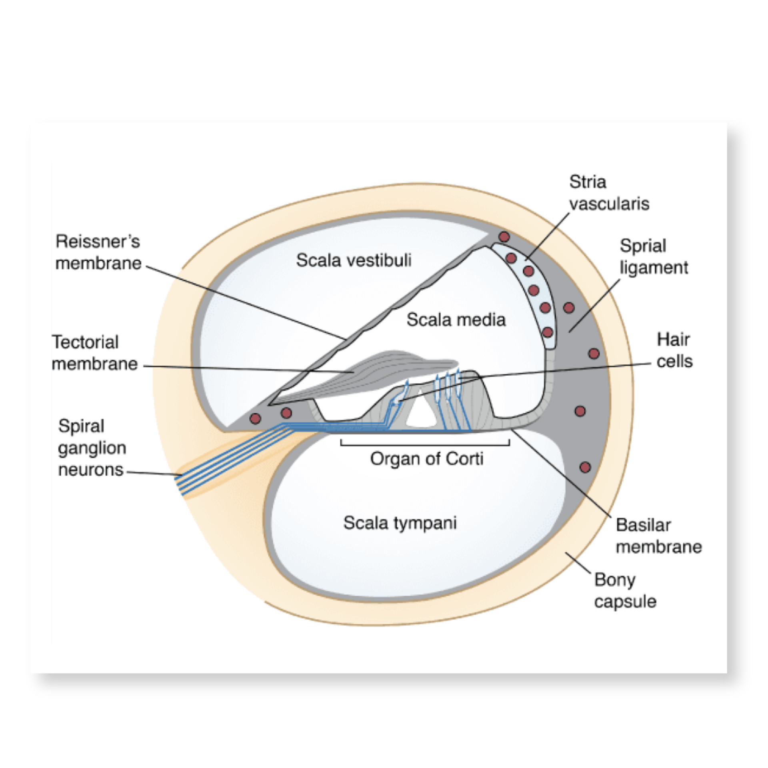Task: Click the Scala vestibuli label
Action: (x=354, y=260)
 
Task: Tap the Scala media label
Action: (x=456, y=320)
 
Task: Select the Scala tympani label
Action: (x=400, y=523)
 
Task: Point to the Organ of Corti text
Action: (x=426, y=459)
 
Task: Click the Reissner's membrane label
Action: (x=98, y=252)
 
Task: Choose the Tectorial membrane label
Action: (x=94, y=353)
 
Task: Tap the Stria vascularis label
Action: (x=608, y=193)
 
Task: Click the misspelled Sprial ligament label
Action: (x=653, y=257)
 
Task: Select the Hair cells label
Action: (x=674, y=350)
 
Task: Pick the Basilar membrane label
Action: (x=658, y=536)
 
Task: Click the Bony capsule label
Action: (x=625, y=590)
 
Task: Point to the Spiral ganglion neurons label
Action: (x=92, y=448)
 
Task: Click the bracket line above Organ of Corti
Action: (x=425, y=444)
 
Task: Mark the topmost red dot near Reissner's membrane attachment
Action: (x=504, y=237)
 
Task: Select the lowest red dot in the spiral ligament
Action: (x=585, y=467)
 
